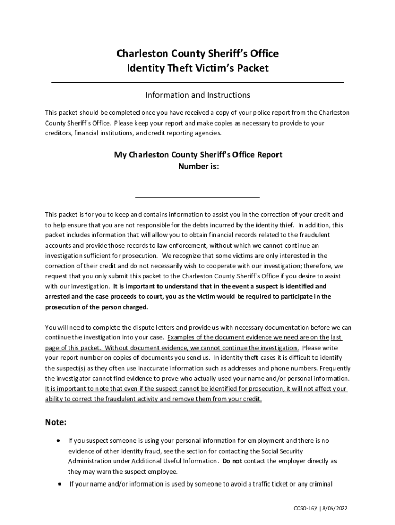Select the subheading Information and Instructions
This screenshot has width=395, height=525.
tap(197, 95)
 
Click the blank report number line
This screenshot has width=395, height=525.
tap(197, 196)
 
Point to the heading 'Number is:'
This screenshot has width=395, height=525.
tap(198, 166)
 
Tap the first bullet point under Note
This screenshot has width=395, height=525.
tap(60, 440)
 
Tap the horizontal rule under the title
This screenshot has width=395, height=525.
tap(197, 82)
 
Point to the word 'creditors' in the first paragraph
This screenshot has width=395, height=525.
tap(58, 133)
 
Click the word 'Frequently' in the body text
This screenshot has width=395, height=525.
tap(334, 368)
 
